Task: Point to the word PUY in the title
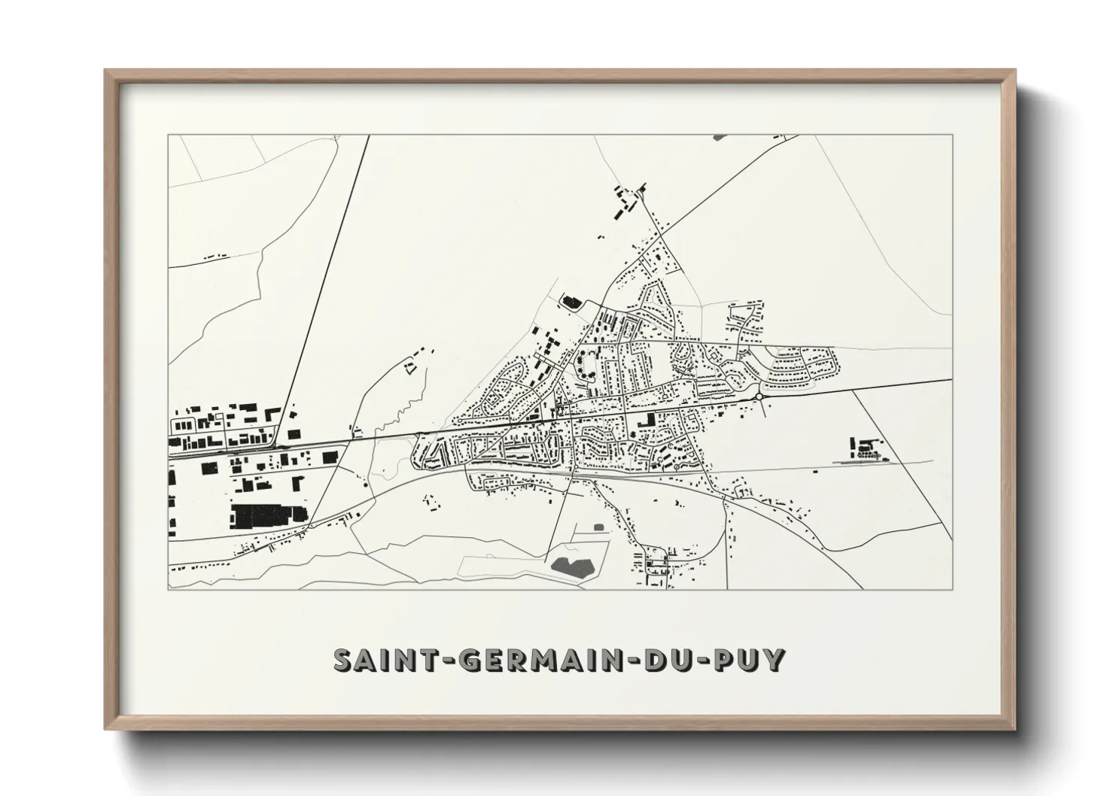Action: (746, 660)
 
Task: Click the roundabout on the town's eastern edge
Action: (759, 396)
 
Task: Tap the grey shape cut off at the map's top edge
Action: (717, 138)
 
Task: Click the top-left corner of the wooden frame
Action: (105, 71)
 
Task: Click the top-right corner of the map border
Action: (952, 135)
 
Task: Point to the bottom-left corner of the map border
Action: (169, 588)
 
